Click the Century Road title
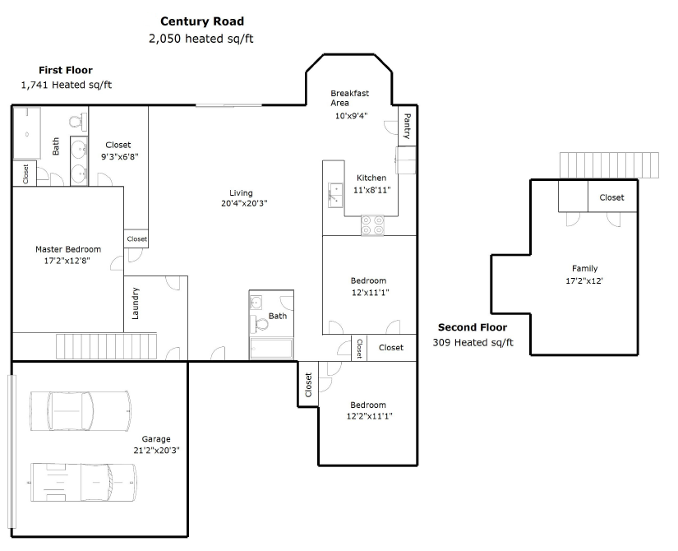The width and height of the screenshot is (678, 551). click(202, 21)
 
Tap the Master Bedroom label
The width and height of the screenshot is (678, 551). click(68, 249)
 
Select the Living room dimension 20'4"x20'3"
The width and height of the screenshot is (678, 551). click(244, 203)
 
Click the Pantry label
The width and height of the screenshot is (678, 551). click(407, 126)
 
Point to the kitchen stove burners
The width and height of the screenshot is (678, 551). click(372, 225)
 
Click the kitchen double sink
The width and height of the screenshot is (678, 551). click(335, 195)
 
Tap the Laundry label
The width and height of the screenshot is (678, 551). click(136, 303)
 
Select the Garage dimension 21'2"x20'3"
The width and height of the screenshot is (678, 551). click(156, 451)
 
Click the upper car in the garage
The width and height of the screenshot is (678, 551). click(81, 411)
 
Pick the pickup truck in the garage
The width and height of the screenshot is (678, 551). click(84, 483)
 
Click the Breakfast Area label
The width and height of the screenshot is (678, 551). click(349, 98)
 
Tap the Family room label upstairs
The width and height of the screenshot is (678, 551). click(584, 268)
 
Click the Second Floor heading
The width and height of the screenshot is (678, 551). click(473, 327)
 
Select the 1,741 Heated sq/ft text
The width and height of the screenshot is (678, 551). click(67, 85)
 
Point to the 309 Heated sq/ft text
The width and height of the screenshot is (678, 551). click(473, 343)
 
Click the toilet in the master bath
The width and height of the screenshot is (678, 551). click(78, 121)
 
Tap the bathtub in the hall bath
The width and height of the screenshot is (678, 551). click(271, 349)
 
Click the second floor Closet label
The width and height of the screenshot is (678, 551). click(611, 197)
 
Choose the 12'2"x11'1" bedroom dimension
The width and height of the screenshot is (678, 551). click(369, 416)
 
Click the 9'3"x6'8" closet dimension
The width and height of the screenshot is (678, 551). click(120, 157)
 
